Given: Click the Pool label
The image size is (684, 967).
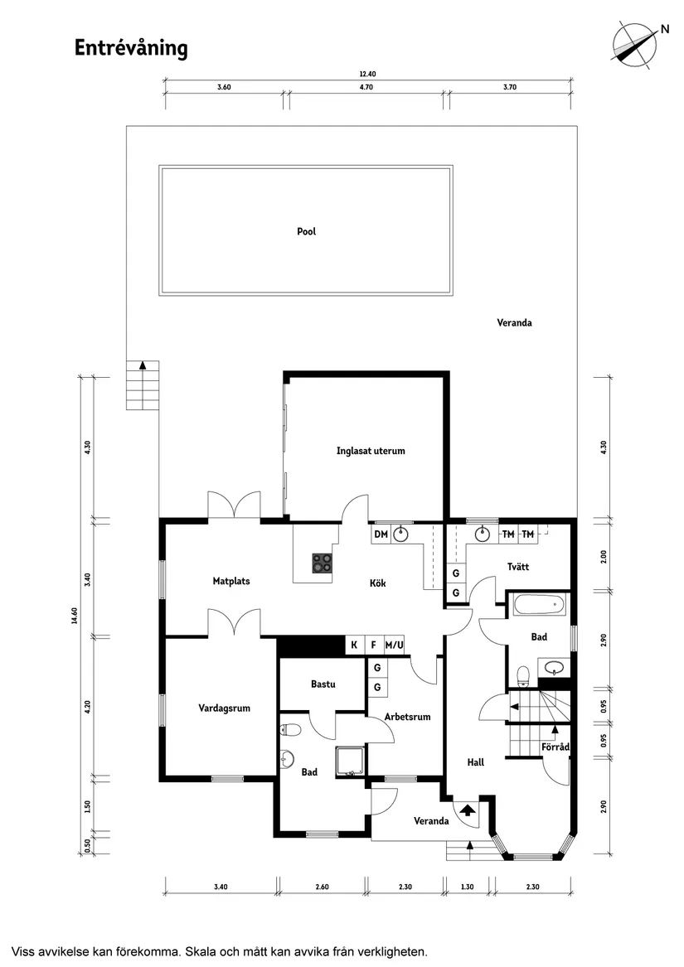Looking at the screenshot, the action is tap(306, 231).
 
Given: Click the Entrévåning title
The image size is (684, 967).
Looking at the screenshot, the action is tap(131, 48).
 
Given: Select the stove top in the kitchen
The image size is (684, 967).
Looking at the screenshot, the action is tap(322, 563).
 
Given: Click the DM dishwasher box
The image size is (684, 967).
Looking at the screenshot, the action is tap(381, 534).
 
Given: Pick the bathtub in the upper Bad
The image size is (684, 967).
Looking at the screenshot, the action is tap(540, 604).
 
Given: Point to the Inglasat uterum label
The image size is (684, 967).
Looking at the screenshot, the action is tap(371, 451).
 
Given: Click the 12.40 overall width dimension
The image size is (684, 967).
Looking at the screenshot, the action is tap(367, 74).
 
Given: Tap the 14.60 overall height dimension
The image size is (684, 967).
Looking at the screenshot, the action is tap(75, 616).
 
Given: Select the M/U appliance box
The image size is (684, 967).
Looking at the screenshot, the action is tap(394, 645).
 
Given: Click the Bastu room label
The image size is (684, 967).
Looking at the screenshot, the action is tap(323, 684).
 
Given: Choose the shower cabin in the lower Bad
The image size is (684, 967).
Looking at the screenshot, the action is tap(351, 761).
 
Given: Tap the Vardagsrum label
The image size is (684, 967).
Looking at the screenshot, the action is tap(224, 708).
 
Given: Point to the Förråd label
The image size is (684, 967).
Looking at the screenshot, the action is tap(555, 747).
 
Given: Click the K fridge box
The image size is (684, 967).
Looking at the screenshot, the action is tap(354, 645).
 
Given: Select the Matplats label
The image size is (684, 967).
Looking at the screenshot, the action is tap(230, 581).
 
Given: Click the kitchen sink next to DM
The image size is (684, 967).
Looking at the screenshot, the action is tap(402, 534).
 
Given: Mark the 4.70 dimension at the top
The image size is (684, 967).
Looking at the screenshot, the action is tap(366, 87).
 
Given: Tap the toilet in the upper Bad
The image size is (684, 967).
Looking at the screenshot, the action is tap(523, 676).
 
